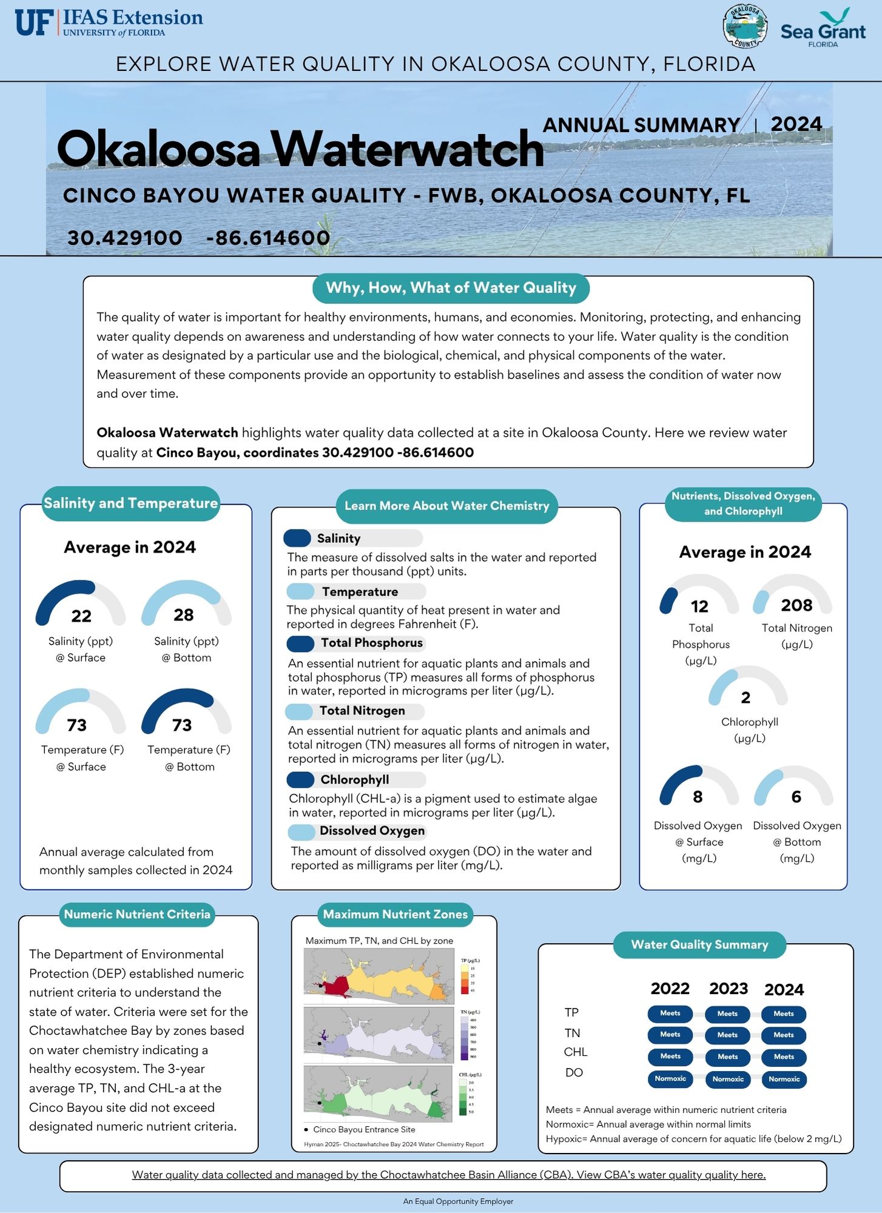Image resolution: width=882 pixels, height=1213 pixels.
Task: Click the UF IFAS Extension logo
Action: pos(109,23)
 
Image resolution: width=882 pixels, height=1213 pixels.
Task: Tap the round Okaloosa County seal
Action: pos(745,27)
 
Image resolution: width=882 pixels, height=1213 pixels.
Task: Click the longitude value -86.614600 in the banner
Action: pos(268,238)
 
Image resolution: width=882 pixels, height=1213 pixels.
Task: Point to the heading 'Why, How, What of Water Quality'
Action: pos(451,288)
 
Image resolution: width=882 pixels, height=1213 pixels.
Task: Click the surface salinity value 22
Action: pos(81,616)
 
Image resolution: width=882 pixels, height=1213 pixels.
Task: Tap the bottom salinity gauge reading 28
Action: pos(184,615)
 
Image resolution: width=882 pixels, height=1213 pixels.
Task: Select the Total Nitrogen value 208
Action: pos(796,605)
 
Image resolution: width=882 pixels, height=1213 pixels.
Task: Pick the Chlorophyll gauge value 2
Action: pos(746,698)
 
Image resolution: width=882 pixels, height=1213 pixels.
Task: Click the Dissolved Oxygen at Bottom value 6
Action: pos(796,797)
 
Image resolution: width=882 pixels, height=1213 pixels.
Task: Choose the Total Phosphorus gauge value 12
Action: pos(699,606)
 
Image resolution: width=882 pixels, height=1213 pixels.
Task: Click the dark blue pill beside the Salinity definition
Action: pos(297,538)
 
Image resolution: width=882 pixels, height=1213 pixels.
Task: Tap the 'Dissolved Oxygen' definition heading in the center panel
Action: pos(372,831)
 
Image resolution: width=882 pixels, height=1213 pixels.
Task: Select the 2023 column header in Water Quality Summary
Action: pos(729,989)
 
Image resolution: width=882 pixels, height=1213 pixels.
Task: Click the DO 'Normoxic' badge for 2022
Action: pos(670,1079)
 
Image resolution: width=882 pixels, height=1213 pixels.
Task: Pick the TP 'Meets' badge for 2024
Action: pos(784,1014)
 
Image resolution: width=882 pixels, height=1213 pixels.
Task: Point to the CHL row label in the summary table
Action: pos(575,1052)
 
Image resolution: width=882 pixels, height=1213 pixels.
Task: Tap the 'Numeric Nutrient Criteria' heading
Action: pos(137,915)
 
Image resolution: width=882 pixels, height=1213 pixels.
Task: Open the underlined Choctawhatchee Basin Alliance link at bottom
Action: pos(449,1175)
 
